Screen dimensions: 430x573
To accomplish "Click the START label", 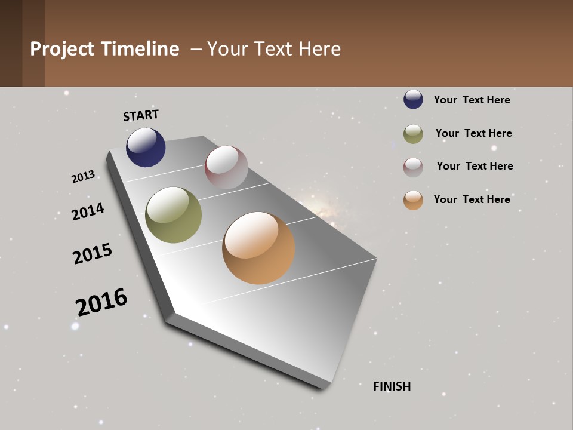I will coord(141,115).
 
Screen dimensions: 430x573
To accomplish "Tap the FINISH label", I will coord(392,386).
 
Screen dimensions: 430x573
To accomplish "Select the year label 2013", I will coord(83,177).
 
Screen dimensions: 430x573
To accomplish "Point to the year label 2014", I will coord(88,211).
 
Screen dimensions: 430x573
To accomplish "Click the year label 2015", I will coord(93,254).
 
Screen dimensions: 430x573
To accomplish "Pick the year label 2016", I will coord(101,302).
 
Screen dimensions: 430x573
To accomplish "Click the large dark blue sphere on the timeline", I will coord(146,148).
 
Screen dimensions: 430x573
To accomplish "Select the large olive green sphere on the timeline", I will coord(173,215).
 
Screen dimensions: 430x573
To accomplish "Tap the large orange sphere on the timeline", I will coord(258,248).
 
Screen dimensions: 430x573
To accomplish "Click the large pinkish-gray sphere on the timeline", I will coord(226,167).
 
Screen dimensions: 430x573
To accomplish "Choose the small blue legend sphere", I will coord(413,100).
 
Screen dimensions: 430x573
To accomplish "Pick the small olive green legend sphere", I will coord(413,134).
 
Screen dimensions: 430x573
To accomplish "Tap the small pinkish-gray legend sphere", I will coord(413,167).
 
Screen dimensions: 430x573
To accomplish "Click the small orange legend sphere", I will coord(413,200).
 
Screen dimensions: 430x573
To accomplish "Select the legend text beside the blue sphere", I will coord(472,100).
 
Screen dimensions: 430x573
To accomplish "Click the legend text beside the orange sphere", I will coord(472,199).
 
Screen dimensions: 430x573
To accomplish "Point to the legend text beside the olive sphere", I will coord(473,133).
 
